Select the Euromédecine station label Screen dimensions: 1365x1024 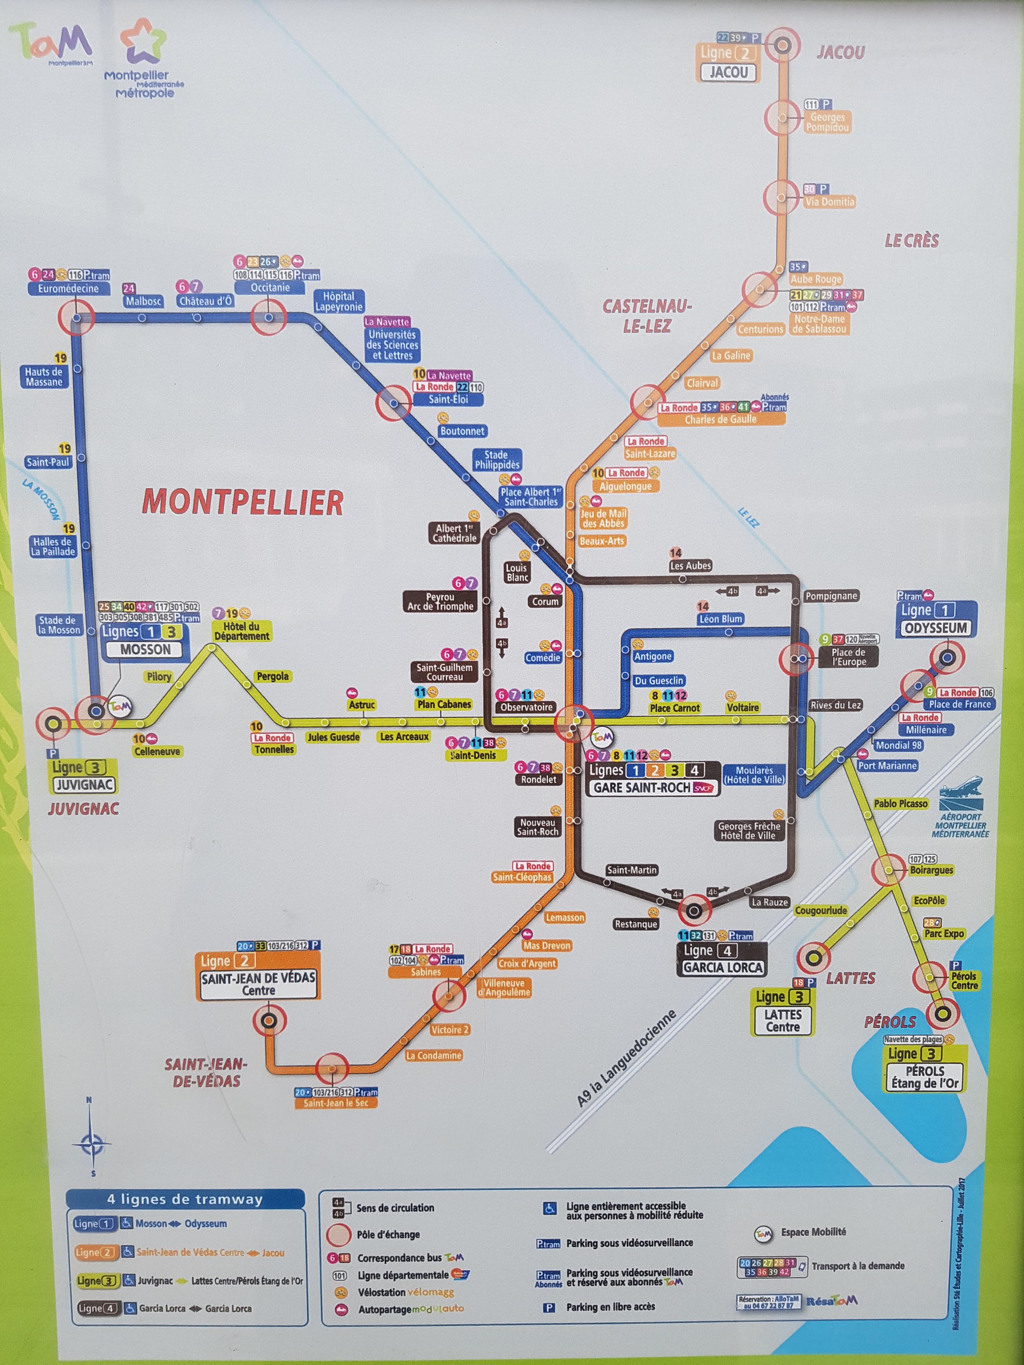pyautogui.click(x=68, y=288)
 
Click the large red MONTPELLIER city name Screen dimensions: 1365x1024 pyautogui.click(x=242, y=502)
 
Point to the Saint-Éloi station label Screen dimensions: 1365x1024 pyautogui.click(x=449, y=399)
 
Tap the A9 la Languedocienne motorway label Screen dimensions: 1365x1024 pyautogui.click(x=626, y=1058)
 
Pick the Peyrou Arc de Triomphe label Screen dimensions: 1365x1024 pyautogui.click(x=440, y=602)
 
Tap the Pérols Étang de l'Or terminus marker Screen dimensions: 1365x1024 pyautogui.click(x=942, y=1013)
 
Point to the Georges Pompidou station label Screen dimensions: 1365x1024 pyautogui.click(x=827, y=122)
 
